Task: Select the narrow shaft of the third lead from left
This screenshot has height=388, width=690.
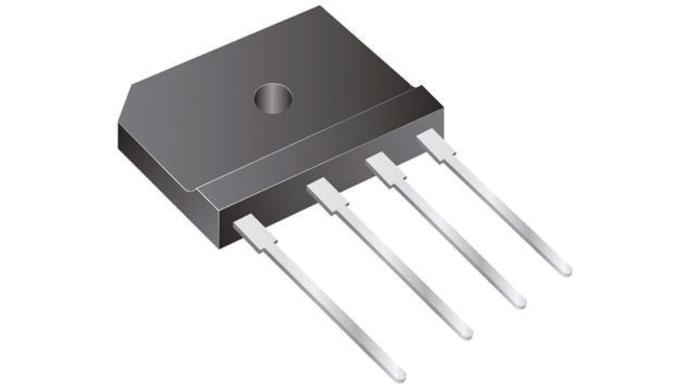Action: [x=457, y=238]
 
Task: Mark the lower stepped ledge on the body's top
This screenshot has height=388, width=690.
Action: [x=316, y=141]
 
